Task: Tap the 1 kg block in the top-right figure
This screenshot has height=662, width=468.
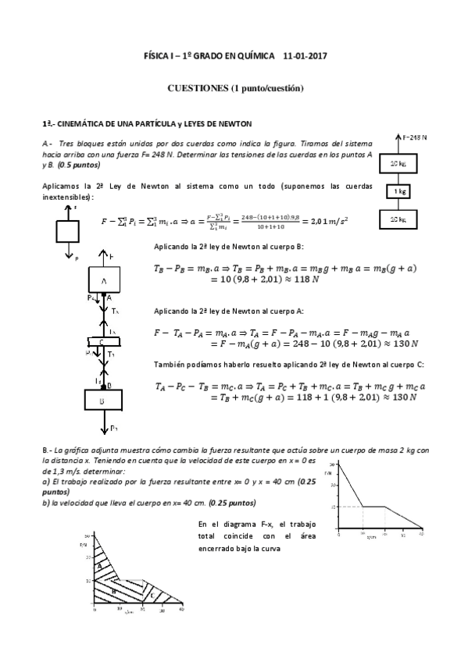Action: tap(398, 191)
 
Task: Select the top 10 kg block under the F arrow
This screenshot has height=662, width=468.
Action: tap(398, 163)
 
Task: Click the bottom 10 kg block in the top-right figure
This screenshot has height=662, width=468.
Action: tap(398, 219)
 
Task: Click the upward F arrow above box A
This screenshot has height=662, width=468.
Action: tap(104, 257)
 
